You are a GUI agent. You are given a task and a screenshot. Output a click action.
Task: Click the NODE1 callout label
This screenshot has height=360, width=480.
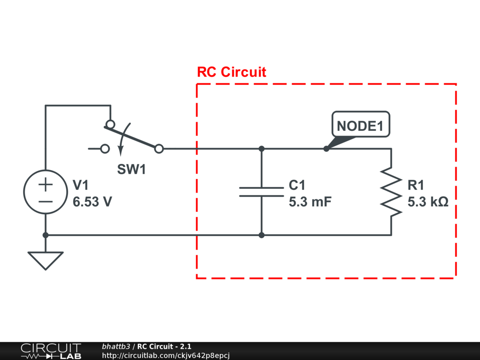[360, 126]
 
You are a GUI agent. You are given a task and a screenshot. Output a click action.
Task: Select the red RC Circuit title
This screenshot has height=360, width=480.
[231, 72]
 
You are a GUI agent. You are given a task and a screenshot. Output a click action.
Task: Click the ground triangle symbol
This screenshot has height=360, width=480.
[45, 260]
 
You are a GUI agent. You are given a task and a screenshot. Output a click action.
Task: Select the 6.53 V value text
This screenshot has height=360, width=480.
[92, 202]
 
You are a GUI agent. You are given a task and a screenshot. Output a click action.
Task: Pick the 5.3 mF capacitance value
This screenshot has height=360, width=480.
[310, 202]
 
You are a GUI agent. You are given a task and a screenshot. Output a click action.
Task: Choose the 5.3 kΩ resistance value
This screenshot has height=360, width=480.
[428, 202]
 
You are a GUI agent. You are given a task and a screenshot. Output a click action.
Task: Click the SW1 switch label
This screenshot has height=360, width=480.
[131, 170]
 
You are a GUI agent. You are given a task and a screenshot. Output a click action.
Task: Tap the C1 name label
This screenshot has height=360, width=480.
[297, 184]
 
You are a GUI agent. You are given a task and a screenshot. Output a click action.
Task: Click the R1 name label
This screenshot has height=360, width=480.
[416, 184]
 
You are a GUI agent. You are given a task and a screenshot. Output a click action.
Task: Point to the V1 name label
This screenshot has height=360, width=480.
[81, 184]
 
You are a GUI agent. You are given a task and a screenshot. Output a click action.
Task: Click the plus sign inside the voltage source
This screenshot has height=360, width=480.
[45, 185]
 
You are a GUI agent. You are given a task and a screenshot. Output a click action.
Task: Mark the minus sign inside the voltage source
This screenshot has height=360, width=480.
[45, 201]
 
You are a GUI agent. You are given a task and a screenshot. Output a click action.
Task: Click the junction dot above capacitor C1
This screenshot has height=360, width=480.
[262, 149]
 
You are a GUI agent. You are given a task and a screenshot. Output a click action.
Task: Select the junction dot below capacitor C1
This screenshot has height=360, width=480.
[262, 235]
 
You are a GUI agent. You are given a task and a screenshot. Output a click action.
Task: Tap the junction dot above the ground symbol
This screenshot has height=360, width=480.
[45, 235]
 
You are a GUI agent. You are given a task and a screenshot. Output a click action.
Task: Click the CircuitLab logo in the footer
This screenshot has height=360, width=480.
[50, 351]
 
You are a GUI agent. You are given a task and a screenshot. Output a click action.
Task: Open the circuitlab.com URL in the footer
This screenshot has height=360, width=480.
[165, 356]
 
